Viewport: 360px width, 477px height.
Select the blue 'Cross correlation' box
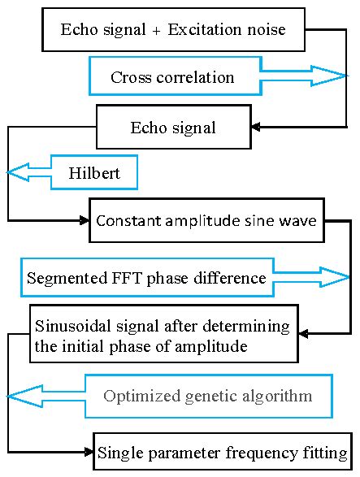172,77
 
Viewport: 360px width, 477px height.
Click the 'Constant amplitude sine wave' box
207,220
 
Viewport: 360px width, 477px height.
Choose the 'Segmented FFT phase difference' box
146,278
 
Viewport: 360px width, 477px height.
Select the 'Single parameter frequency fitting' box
223,452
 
